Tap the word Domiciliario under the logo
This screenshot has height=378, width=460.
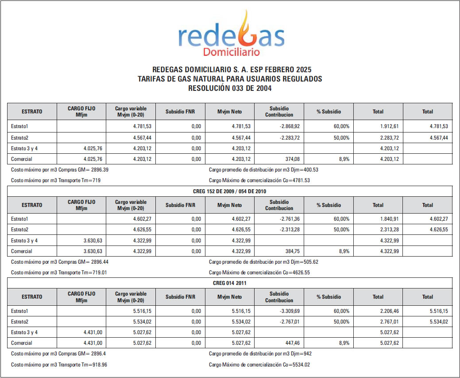point(231,52)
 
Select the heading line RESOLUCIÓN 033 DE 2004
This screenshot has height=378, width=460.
point(230,88)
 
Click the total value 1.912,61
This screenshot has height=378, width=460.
point(390,127)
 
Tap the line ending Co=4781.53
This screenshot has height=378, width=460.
point(259,180)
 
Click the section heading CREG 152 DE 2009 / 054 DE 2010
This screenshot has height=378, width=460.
point(230,191)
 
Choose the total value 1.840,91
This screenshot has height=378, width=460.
point(390,219)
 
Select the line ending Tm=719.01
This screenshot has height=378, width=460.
point(58,273)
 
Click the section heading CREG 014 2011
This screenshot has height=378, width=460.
point(230,283)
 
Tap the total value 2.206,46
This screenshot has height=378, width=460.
point(390,311)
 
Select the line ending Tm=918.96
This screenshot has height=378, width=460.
point(59,365)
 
